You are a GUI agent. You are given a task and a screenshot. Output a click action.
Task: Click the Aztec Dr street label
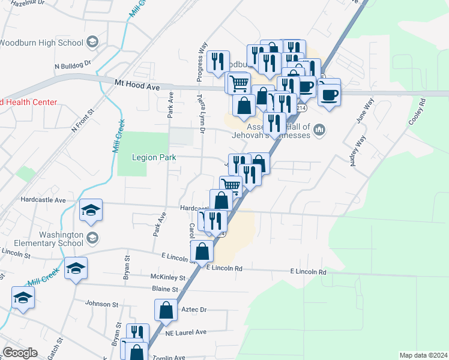[x=194, y=310]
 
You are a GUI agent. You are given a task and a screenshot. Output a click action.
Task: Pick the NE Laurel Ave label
[x=185, y=332]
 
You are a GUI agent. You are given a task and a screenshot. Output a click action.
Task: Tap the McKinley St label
[x=169, y=277]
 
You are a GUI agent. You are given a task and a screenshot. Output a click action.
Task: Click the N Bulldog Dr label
[x=72, y=62]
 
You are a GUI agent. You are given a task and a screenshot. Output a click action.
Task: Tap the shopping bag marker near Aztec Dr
[x=166, y=311]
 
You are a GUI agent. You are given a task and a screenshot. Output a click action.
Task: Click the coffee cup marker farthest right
[x=330, y=94]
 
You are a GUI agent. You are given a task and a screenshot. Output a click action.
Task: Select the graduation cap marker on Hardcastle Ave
[x=91, y=210]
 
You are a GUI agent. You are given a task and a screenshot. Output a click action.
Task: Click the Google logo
[x=20, y=353]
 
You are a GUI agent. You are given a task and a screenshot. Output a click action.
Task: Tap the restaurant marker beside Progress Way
[x=217, y=61]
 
